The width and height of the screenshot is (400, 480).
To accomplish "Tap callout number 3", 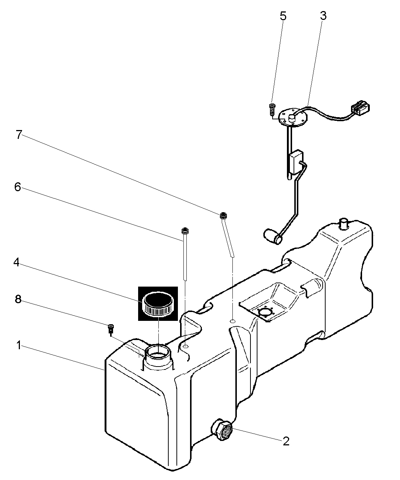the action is coord(323,16).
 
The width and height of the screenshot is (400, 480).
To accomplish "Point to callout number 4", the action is coord(17,262).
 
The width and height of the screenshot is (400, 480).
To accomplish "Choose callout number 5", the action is coord(283,16).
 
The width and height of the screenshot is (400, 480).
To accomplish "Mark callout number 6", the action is coord(17,187).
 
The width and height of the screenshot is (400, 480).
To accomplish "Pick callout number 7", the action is coord(19,134).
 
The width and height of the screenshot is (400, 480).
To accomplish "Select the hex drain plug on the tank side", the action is coord(221,430).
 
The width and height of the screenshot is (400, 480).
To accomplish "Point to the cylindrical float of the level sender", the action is coord(272,237).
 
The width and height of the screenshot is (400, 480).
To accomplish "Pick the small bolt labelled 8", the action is coord(111,328).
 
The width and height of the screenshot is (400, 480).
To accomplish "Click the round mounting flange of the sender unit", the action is coord(293,118).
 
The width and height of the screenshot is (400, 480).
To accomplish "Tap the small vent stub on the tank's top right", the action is coord(344,223).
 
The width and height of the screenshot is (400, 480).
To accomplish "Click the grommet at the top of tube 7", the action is coord(223,216).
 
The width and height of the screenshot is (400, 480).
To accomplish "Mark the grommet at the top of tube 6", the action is coord(185,230).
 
